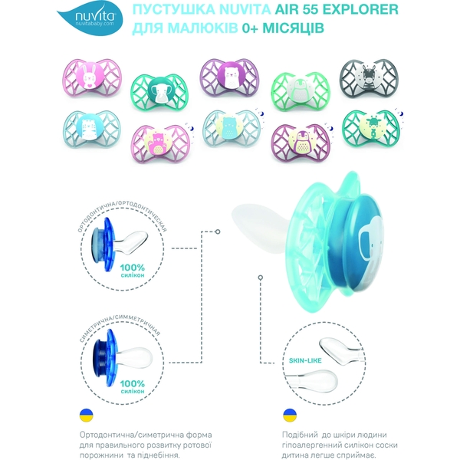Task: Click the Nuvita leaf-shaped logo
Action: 90,19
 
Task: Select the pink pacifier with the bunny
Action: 92,77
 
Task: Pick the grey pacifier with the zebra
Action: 369,78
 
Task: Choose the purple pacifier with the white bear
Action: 229,77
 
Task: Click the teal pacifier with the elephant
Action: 159,92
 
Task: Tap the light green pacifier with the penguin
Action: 301,90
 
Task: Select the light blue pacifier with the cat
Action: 92,129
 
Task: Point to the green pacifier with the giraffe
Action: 371,129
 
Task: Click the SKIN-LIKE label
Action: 305,360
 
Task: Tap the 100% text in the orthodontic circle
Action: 133,268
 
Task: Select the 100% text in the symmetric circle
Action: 133,383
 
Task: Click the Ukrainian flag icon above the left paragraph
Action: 86,416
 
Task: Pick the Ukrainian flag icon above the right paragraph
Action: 290,416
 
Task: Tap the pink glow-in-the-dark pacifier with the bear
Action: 160,143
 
